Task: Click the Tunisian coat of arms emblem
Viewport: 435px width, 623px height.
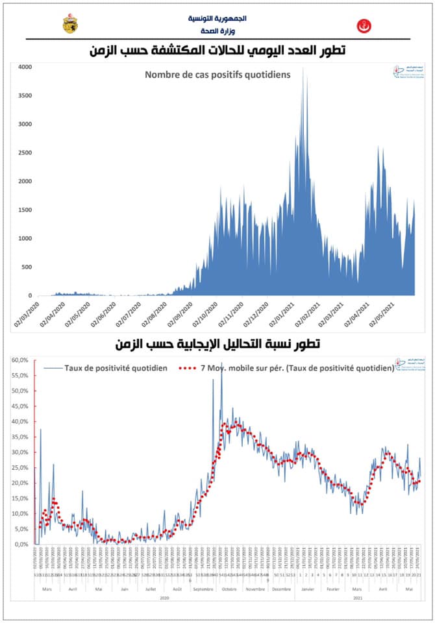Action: (x=69, y=24)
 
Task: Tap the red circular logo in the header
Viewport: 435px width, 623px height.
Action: (x=364, y=27)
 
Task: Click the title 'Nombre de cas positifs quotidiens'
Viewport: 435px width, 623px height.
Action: (x=217, y=75)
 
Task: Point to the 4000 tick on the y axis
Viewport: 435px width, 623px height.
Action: (x=24, y=67)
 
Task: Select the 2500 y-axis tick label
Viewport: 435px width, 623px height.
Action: (x=24, y=153)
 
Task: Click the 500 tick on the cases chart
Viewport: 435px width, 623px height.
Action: (x=26, y=267)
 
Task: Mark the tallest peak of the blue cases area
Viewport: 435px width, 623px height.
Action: (x=304, y=69)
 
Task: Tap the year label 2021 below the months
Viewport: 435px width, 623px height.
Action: (x=358, y=598)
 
